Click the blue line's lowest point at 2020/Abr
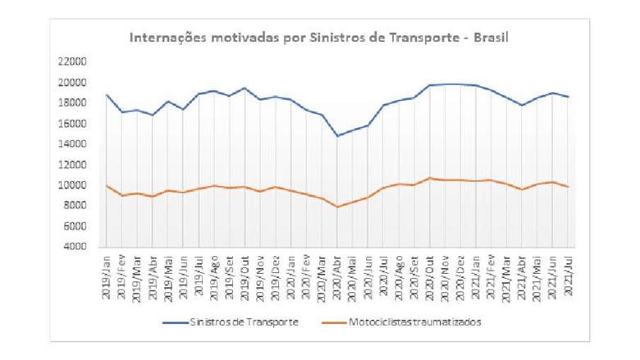pos(336,136)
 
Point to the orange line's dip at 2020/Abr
pos(336,207)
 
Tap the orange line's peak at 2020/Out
pos(428,178)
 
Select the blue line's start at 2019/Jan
pos(107,94)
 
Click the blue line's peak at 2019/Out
pos(245,88)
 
